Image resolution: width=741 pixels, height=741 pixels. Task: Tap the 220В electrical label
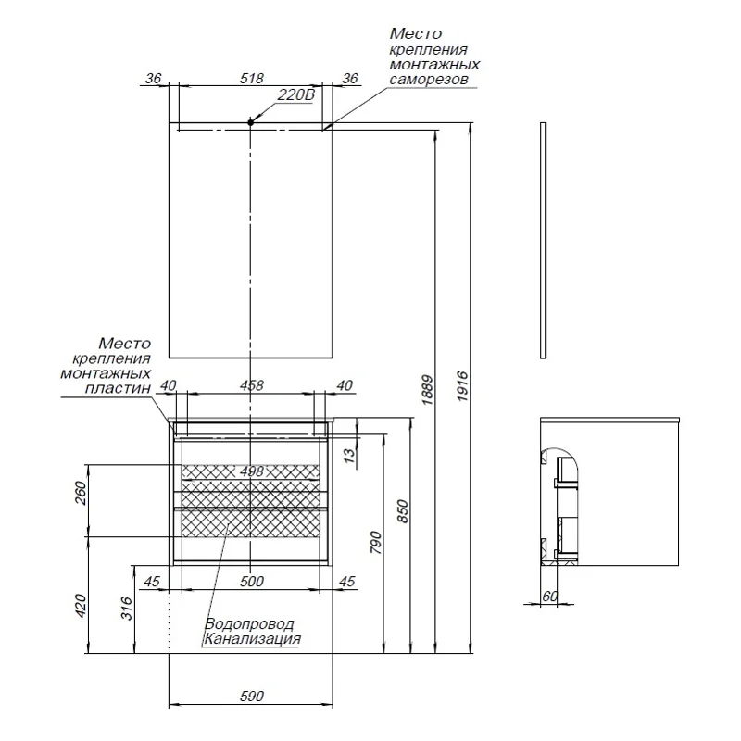click(x=296, y=95)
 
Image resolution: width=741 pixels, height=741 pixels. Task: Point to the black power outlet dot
click(x=251, y=122)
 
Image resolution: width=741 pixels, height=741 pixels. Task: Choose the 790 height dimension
click(x=374, y=540)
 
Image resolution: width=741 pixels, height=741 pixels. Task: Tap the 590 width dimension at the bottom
click(x=252, y=696)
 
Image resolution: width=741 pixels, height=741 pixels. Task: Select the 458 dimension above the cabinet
click(x=252, y=385)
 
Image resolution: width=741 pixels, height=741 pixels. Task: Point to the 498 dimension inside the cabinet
click(x=251, y=471)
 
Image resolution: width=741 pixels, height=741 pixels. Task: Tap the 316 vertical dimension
click(x=127, y=607)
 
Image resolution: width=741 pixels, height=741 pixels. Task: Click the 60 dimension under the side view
click(x=549, y=597)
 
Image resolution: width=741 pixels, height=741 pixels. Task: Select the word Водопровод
click(x=249, y=623)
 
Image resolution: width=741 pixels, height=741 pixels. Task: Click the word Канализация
click(x=252, y=638)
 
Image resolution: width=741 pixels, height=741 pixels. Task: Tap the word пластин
click(x=119, y=389)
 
